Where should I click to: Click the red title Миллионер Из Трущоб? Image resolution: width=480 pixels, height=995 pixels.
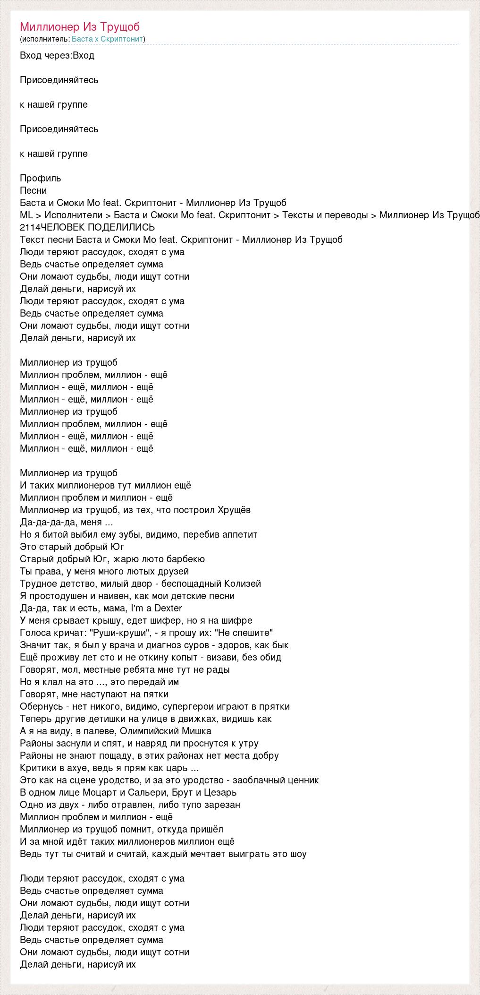pyautogui.click(x=80, y=27)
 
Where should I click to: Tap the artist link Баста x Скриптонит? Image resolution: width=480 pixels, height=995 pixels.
pyautogui.click(x=108, y=39)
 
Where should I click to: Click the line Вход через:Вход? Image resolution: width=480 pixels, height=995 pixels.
pyautogui.click(x=57, y=55)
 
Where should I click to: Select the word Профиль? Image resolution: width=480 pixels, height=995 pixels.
pyautogui.click(x=41, y=178)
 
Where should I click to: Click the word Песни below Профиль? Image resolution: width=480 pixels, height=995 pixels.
pyautogui.click(x=34, y=190)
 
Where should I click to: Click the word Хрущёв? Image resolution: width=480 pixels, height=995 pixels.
pyautogui.click(x=234, y=510)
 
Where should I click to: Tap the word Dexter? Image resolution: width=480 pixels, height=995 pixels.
pyautogui.click(x=168, y=608)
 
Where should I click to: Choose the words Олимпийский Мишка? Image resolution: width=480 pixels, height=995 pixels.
pyautogui.click(x=160, y=731)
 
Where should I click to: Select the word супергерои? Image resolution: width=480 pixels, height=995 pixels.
pyautogui.click(x=203, y=706)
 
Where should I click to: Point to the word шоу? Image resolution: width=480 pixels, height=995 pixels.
pyautogui.click(x=297, y=854)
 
